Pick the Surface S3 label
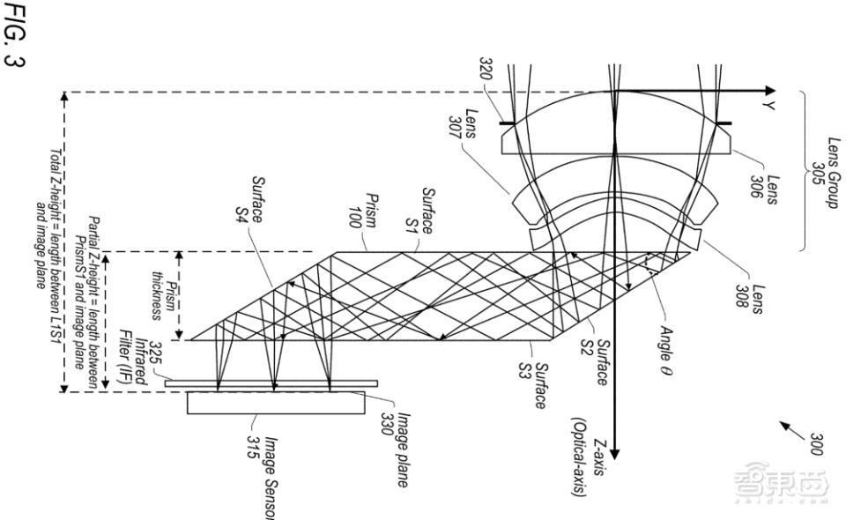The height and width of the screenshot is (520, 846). point(536,386)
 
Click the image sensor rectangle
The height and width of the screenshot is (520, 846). point(276,402)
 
